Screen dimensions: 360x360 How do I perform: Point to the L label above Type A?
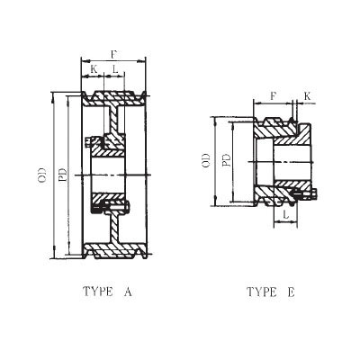115,68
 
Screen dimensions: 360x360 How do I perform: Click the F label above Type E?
274,94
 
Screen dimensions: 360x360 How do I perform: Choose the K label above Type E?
307,94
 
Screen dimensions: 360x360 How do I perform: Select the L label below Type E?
283,217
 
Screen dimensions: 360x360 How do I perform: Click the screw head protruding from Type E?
312,191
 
